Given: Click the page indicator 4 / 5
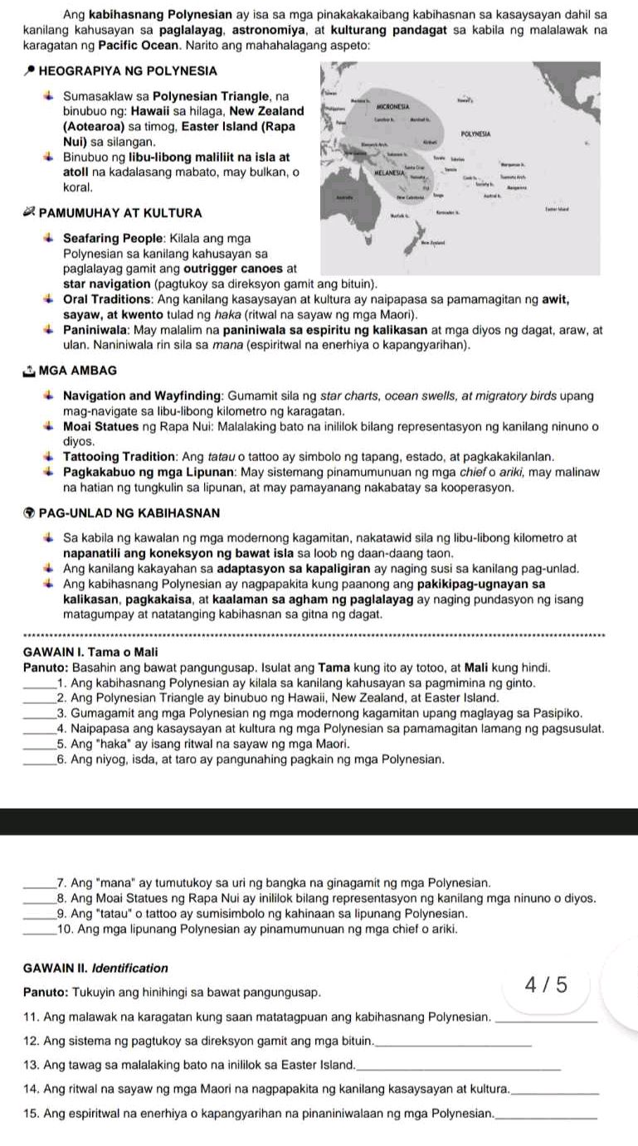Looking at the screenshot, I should (548, 985).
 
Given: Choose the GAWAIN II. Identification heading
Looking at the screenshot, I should (95, 968).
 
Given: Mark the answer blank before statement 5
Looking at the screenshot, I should (37, 722).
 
